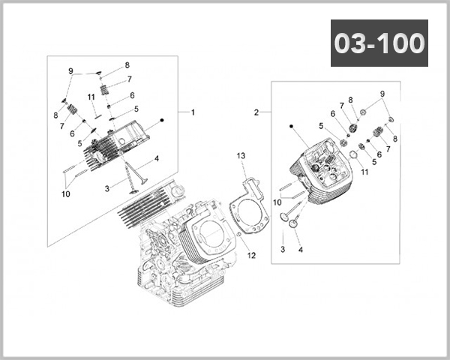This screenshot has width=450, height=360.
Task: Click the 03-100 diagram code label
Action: [x=379, y=43]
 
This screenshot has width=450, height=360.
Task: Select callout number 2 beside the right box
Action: [x=256, y=112]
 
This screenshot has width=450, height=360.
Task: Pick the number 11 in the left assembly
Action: [x=91, y=96]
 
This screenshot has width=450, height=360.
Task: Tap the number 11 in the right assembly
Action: [x=365, y=172]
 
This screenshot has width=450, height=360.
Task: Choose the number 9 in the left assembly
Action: [x=71, y=71]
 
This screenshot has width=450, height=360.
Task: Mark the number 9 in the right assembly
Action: [x=382, y=94]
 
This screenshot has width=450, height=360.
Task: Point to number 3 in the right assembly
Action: [x=283, y=248]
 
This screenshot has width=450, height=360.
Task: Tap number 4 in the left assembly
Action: [x=156, y=158]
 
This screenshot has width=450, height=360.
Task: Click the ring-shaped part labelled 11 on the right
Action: [x=349, y=155]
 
